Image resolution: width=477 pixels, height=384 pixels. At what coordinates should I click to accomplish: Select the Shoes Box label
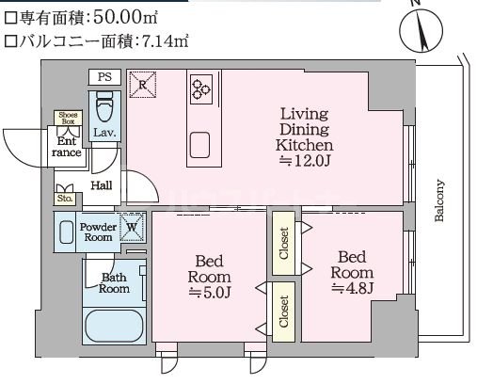(70, 118)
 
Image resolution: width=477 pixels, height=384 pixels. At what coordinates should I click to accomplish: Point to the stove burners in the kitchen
(201, 88)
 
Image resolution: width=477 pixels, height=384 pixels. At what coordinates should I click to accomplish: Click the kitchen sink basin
(201, 144)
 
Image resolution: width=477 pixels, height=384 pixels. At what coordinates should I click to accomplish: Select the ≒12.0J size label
(303, 162)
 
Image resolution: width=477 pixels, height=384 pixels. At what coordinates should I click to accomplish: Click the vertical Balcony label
(439, 200)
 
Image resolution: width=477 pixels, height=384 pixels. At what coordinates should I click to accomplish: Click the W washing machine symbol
(133, 228)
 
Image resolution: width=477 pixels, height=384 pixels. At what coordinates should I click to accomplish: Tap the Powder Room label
(97, 232)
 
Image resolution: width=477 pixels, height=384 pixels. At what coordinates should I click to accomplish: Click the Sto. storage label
(65, 199)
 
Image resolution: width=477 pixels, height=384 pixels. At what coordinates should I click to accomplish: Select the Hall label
(101, 186)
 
